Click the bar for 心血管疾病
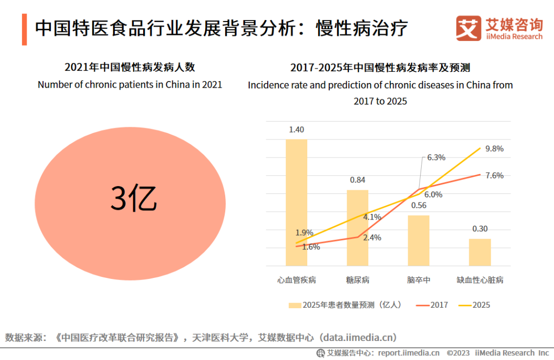(296, 203)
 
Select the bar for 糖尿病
(358, 228)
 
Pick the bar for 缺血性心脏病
(480, 252)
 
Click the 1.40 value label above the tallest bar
(296, 129)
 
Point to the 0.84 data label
(358, 180)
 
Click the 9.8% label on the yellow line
(494, 149)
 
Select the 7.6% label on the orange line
(494, 175)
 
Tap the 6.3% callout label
(436, 157)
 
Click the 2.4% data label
(372, 237)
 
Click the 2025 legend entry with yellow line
(474, 305)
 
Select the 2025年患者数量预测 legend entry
(345, 305)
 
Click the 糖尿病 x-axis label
(358, 280)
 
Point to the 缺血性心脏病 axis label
(480, 280)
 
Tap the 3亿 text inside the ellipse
(133, 197)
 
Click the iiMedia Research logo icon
(469, 28)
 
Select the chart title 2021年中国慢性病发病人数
(130, 67)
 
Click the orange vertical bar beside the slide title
(24, 30)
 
